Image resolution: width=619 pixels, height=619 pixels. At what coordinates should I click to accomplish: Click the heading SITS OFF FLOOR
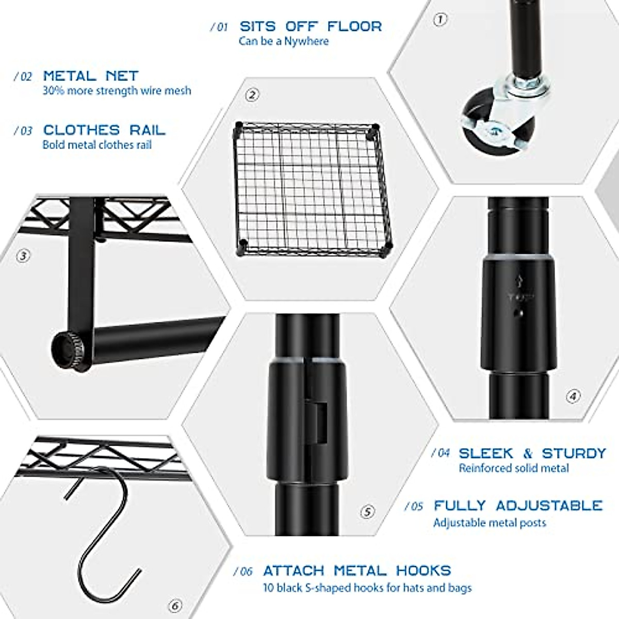click(311, 26)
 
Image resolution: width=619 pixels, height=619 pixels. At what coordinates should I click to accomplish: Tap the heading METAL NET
click(91, 76)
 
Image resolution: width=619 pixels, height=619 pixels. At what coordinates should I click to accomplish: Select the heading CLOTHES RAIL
click(104, 130)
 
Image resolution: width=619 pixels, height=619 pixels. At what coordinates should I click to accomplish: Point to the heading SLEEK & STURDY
click(532, 453)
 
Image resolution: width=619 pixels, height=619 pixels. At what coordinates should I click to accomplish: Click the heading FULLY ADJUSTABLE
click(518, 506)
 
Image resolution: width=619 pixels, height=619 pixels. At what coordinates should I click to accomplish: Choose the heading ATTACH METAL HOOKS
click(357, 571)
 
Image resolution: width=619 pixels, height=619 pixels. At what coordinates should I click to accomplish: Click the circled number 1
click(439, 20)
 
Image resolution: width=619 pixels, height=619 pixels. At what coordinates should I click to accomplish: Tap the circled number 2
click(252, 95)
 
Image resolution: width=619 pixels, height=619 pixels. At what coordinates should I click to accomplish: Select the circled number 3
click(23, 256)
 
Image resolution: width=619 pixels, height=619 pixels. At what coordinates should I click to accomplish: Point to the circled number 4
click(573, 396)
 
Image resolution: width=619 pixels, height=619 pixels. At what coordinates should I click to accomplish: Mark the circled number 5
click(367, 512)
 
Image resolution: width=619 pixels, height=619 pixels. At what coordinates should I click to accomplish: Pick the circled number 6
click(175, 606)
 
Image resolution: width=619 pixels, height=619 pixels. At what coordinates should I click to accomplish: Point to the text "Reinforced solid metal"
click(514, 468)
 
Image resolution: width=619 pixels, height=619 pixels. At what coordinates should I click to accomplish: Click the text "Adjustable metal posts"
click(490, 523)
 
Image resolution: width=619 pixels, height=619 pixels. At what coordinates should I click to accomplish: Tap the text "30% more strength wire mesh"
click(117, 91)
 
